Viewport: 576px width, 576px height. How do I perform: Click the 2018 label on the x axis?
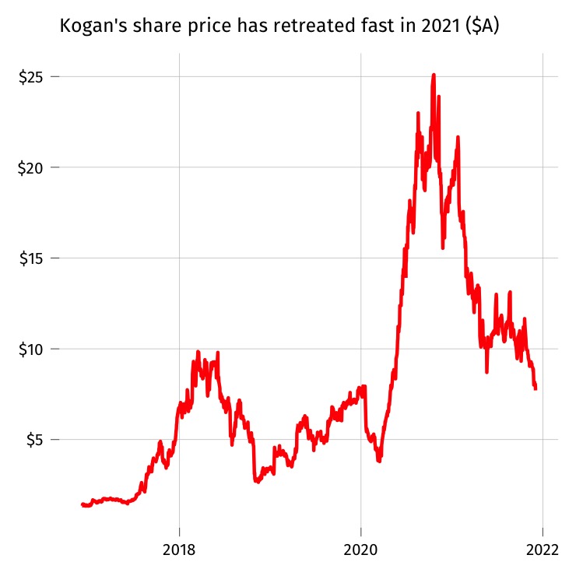tap(180, 549)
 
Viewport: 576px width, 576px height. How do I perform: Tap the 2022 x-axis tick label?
tap(543, 549)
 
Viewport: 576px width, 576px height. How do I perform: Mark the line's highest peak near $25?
tap(434, 75)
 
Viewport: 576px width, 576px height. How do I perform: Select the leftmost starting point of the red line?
tap(83, 504)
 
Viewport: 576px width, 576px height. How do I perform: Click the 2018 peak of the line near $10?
tap(198, 352)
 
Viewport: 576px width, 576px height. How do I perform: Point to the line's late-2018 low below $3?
tap(256, 482)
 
